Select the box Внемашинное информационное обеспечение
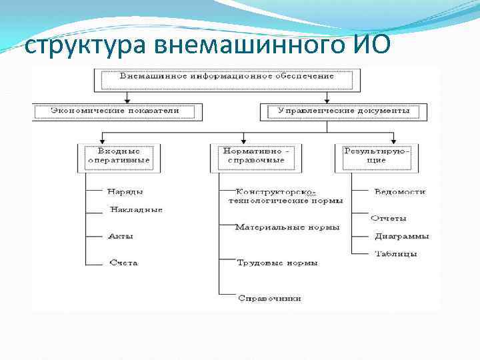pos(227,79)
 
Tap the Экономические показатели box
pos(115,111)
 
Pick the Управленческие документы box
pos(343,111)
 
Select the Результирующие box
pos(377,156)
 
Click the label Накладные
pos(137,209)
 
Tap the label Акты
pos(121,236)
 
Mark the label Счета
pos(123,263)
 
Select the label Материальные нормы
pos(287,227)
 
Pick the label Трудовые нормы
pos(277,263)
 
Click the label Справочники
pos(270,298)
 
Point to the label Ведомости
pos(400,192)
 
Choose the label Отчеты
pos(389,218)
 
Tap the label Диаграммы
pos(402,236)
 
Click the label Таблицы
pos(396,254)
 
